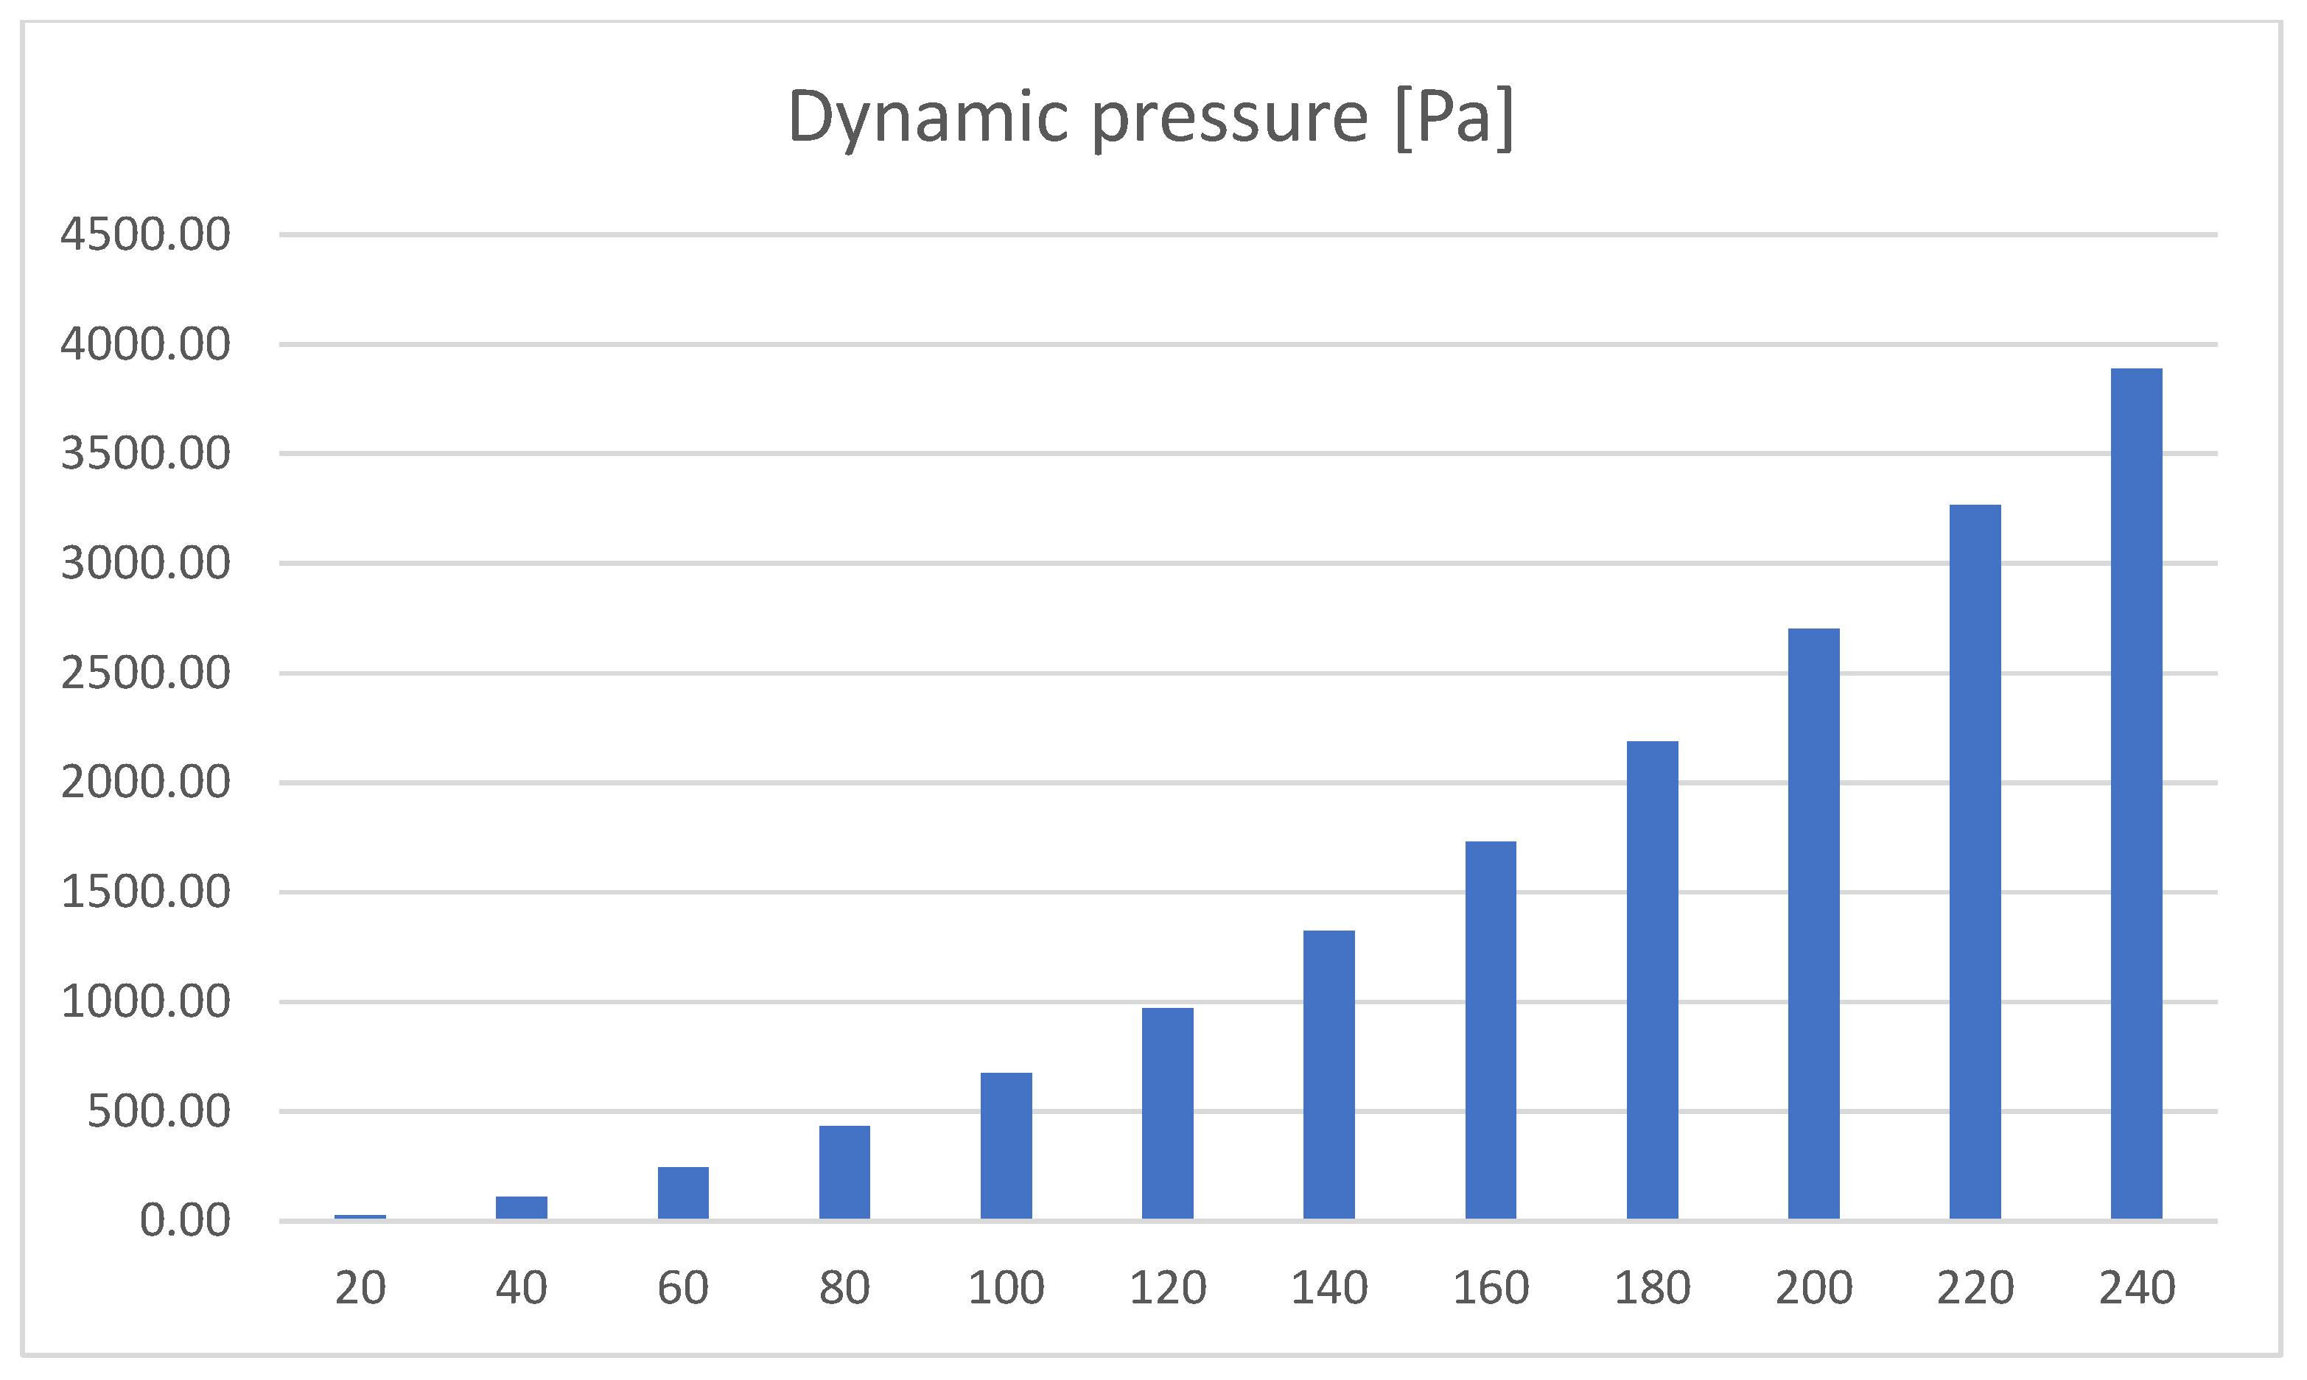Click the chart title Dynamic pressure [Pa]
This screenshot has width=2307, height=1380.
(x=1151, y=117)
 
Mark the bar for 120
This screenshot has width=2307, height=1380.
(x=1167, y=1113)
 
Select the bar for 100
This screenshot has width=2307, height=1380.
(x=1006, y=1146)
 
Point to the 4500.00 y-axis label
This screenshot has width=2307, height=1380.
(x=145, y=234)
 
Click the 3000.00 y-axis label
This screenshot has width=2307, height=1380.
(x=145, y=564)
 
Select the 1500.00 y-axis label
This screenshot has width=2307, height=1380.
(x=145, y=893)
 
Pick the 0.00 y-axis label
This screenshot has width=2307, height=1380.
(x=184, y=1221)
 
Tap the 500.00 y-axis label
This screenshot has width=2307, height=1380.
(x=158, y=1111)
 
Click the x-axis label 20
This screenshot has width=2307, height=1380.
(x=360, y=1288)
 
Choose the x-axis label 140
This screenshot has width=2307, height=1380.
(x=1328, y=1288)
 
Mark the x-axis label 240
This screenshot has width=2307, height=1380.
(x=2136, y=1288)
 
